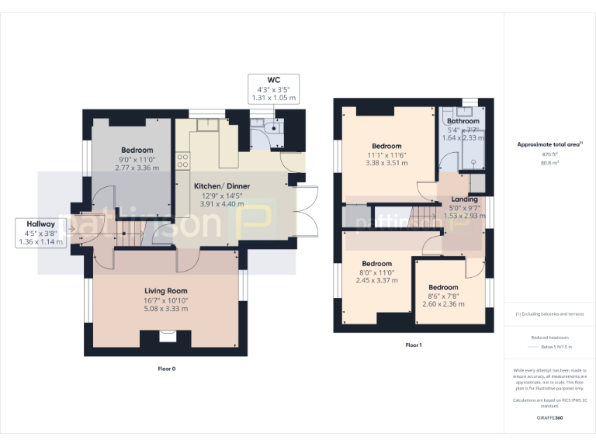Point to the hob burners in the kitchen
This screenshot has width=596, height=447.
[184, 161]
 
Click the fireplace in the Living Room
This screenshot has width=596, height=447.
[166, 336]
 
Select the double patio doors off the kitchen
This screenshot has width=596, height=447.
[304, 212]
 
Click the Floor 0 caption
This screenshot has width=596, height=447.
[166, 369]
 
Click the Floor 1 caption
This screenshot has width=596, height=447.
[413, 345]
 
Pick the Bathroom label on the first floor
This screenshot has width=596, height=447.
[463, 122]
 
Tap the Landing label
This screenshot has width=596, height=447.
[464, 199]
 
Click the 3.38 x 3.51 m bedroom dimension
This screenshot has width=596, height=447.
[386, 163]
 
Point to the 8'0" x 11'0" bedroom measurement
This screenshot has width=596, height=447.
[378, 272]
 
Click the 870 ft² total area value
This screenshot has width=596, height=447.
[549, 155]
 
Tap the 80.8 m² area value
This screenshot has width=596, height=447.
[549, 164]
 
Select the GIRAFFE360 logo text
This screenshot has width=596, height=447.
[549, 418]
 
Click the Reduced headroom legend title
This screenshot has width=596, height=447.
[549, 338]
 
